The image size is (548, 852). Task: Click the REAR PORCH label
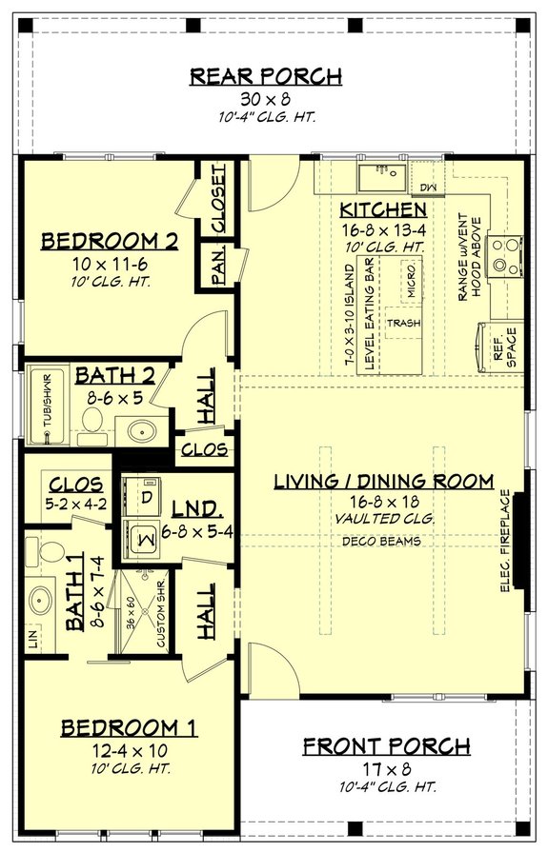tap(266, 76)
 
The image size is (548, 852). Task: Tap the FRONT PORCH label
tap(386, 745)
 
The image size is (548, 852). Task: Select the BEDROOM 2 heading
tap(110, 242)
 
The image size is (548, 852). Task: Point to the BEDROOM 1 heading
tap(129, 728)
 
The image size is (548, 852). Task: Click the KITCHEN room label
tap(382, 209)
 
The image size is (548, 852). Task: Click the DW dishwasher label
tap(426, 188)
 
